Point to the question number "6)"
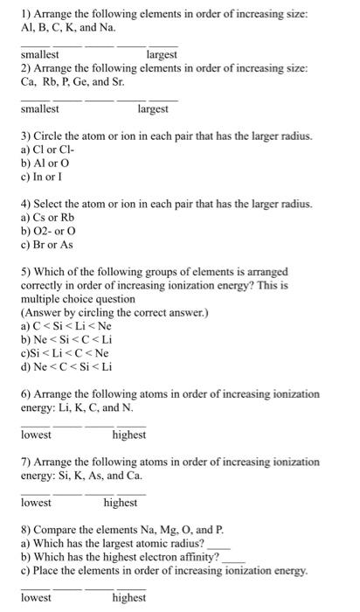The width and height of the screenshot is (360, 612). pos(25,395)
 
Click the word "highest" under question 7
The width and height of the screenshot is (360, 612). pos(120,503)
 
